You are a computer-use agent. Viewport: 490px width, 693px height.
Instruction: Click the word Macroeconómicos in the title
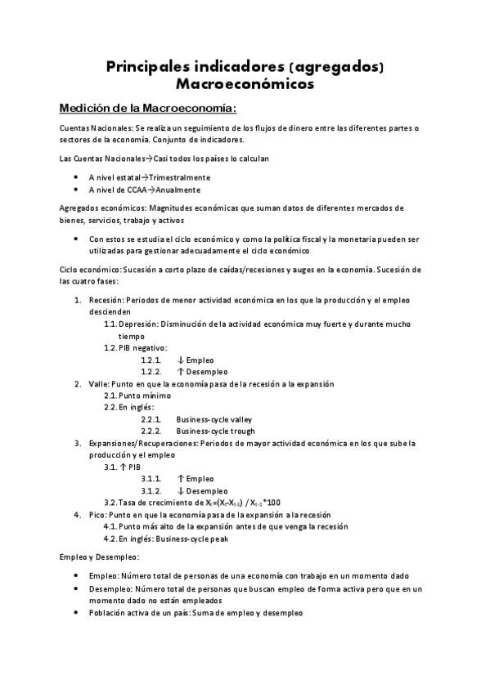[245, 83]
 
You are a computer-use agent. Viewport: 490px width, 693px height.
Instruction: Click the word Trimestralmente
[179, 177]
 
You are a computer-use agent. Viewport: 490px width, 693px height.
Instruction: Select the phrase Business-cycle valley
[214, 419]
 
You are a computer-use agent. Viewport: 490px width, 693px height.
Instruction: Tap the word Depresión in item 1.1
[137, 324]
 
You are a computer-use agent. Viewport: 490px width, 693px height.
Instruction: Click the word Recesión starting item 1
[106, 300]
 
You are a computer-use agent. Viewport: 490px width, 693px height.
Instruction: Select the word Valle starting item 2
[98, 383]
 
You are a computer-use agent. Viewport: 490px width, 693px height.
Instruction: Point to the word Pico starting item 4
[97, 515]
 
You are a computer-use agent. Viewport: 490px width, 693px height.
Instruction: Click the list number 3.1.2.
[151, 490]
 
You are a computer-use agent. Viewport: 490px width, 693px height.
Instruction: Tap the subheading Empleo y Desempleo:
[99, 557]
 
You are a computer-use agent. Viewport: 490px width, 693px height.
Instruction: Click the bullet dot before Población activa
[76, 611]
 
